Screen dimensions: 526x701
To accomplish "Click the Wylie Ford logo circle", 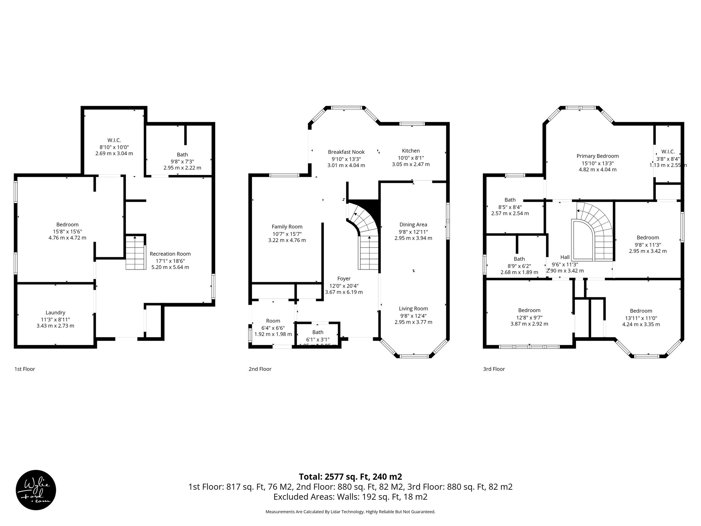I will tap(36, 490).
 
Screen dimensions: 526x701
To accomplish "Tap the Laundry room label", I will tap(55, 312).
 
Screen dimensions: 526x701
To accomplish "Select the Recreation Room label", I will tap(170, 254).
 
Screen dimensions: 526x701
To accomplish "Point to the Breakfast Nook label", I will tap(346, 152).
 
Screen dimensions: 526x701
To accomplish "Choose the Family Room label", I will tap(287, 226).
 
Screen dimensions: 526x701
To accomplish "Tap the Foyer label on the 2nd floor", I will tap(344, 278).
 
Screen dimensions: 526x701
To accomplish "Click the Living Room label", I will tap(413, 308).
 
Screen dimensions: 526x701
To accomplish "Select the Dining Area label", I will tap(413, 224).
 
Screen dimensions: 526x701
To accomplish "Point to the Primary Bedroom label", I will tap(597, 156).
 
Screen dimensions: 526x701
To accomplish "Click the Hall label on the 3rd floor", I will tap(565, 257).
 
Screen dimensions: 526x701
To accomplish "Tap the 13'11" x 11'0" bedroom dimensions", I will tap(641, 318).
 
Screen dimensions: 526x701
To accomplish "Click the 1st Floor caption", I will tap(25, 369).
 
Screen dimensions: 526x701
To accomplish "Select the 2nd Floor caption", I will tap(260, 369).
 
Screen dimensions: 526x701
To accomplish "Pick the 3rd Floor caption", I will tap(494, 369).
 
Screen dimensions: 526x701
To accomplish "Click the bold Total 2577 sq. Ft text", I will tap(350, 476).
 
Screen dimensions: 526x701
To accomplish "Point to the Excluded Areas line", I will tap(350, 497).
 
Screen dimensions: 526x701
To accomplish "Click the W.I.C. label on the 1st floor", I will tap(114, 140).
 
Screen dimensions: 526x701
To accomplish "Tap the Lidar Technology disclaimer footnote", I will tap(350, 512).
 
